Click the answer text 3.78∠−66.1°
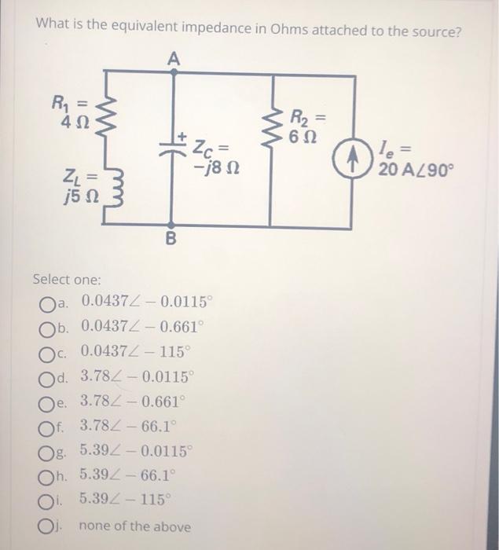(130, 427)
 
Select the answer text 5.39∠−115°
(130, 501)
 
